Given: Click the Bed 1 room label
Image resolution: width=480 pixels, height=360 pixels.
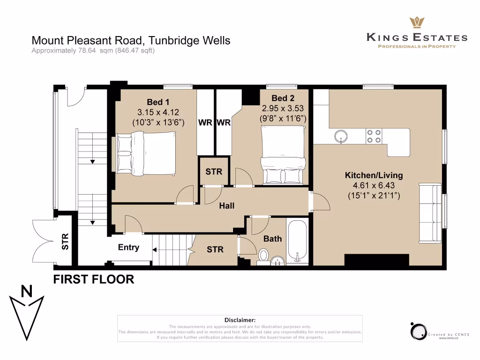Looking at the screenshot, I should tap(158, 102).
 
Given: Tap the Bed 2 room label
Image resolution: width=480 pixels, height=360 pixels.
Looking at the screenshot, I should tap(283, 98).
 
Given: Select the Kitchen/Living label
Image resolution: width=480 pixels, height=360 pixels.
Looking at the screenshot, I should tap(374, 175).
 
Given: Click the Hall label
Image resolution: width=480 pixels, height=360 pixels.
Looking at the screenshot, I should tap(227, 206).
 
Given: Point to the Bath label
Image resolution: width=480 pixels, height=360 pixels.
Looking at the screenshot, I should tap(272, 239).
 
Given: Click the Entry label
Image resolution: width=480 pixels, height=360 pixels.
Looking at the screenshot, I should tap(128, 247).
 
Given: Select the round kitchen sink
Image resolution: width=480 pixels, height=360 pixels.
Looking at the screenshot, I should tap(341, 136).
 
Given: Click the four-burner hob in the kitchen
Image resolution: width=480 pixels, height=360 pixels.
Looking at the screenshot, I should tap(374, 136).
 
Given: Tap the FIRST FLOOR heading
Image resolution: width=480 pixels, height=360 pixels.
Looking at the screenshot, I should tap(94, 279).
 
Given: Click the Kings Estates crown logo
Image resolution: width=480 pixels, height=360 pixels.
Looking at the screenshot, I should tap(417, 22).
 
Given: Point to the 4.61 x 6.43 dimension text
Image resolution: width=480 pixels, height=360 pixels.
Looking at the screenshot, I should tap(374, 185).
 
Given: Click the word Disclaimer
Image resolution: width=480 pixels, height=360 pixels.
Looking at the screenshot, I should tap(240, 320).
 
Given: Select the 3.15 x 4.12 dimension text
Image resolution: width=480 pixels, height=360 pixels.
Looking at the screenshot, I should tap(158, 112).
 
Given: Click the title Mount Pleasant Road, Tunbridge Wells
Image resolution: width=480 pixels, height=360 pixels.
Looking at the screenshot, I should tap(131, 40).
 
